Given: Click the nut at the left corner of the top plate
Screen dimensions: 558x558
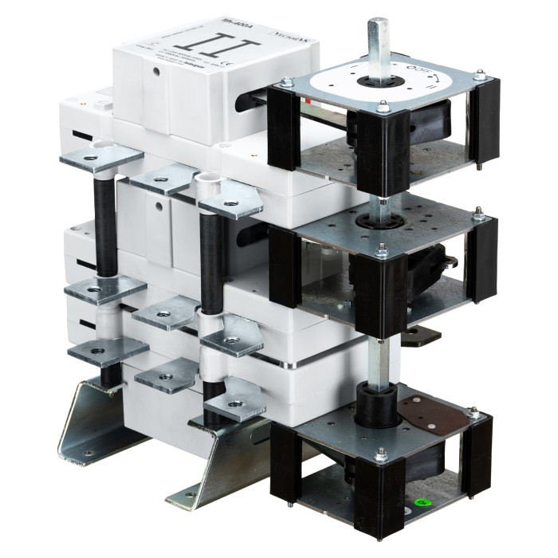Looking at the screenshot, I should pos(285,80).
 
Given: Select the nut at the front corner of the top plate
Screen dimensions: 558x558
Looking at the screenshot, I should pos(383,105).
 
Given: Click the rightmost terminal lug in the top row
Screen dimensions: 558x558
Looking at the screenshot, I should pos(230,206).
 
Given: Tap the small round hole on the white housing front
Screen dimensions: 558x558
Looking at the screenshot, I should pos(159,206).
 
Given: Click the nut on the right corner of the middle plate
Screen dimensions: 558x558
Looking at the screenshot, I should pos(478,214).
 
